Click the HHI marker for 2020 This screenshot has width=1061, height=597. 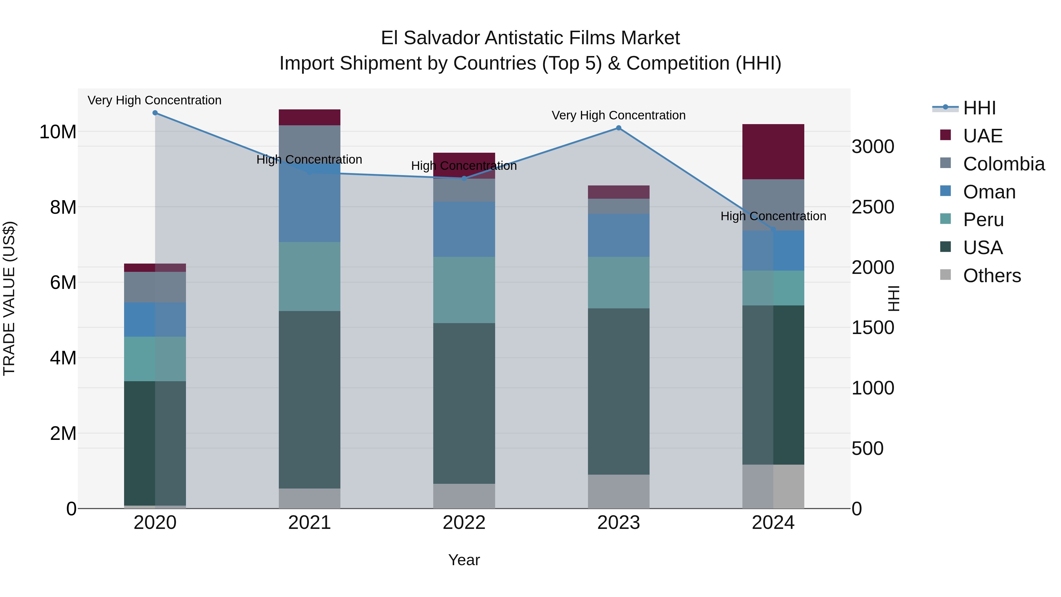[155, 113]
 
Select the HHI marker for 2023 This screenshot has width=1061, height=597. [619, 128]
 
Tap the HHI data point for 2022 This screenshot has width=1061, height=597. [464, 178]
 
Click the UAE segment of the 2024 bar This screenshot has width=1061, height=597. [773, 152]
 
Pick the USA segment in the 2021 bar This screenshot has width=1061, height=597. [309, 400]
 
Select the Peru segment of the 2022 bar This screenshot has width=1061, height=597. [464, 290]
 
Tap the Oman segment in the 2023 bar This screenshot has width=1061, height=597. [619, 235]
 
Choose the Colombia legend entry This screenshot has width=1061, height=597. [1003, 164]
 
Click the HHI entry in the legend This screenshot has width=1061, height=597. [979, 108]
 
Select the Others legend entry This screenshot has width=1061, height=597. [991, 276]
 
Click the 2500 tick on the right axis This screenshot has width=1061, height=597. [873, 207]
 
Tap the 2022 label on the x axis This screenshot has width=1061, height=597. [464, 523]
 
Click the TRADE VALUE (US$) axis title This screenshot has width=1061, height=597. [9, 298]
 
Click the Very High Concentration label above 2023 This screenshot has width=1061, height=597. [619, 115]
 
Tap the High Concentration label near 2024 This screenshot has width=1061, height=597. [773, 216]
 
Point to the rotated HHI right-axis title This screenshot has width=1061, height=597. [893, 298]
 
